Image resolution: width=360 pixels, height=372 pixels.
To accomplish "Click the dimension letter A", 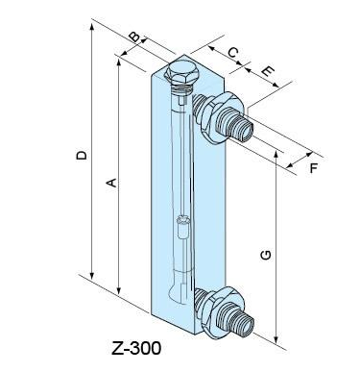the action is coord(111,183).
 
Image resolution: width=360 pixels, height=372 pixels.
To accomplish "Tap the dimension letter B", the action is coord(134,37).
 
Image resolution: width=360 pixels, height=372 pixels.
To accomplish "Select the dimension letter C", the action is coord(233,52).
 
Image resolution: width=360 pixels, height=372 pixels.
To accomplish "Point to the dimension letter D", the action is coord(82,155).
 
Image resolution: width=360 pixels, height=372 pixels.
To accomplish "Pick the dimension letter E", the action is coord(268,71).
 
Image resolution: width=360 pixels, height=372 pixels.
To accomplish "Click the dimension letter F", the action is coord(314,167).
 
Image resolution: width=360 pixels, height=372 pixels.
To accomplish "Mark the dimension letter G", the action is coord(266,255).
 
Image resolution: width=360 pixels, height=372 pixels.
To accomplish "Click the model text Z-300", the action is coord(136,348).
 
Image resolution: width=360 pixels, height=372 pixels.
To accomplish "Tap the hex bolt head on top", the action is coord(181,73).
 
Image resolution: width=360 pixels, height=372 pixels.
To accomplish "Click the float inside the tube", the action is coord(183,227).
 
